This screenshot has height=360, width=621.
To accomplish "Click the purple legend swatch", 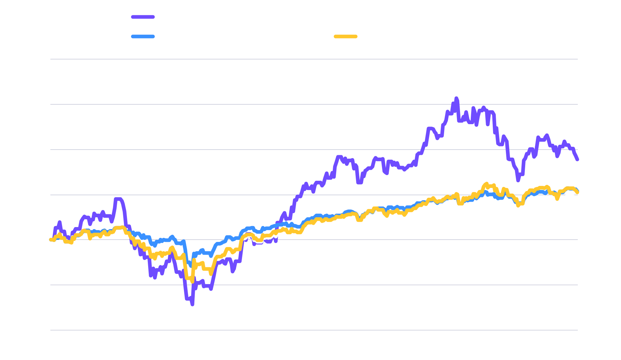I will (x=143, y=17).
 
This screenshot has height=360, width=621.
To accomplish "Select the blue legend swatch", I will (x=143, y=36).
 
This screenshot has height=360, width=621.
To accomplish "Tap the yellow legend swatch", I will (x=345, y=36).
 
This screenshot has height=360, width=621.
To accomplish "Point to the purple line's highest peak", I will (x=456, y=98).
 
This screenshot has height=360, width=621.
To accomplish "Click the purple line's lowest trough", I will (x=192, y=304).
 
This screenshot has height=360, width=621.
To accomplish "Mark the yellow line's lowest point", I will (x=192, y=281).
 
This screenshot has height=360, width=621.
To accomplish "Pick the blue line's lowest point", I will (x=190, y=266).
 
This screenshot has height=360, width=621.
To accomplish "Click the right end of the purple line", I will (x=577, y=159).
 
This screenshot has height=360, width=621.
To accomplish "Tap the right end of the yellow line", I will (x=577, y=192).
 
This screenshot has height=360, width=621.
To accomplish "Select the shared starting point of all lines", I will (x=51, y=240).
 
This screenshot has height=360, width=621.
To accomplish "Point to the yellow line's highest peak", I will (x=486, y=184).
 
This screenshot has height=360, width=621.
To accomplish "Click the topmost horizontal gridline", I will (x=314, y=59).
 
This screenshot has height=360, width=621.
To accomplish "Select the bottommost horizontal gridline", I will (x=314, y=330).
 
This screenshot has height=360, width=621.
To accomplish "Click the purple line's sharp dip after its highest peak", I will (x=518, y=180).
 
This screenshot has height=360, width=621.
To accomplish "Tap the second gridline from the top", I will (x=314, y=104).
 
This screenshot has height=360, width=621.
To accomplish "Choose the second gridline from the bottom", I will (x=314, y=285).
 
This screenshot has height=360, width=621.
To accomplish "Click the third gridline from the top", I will (x=314, y=149).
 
